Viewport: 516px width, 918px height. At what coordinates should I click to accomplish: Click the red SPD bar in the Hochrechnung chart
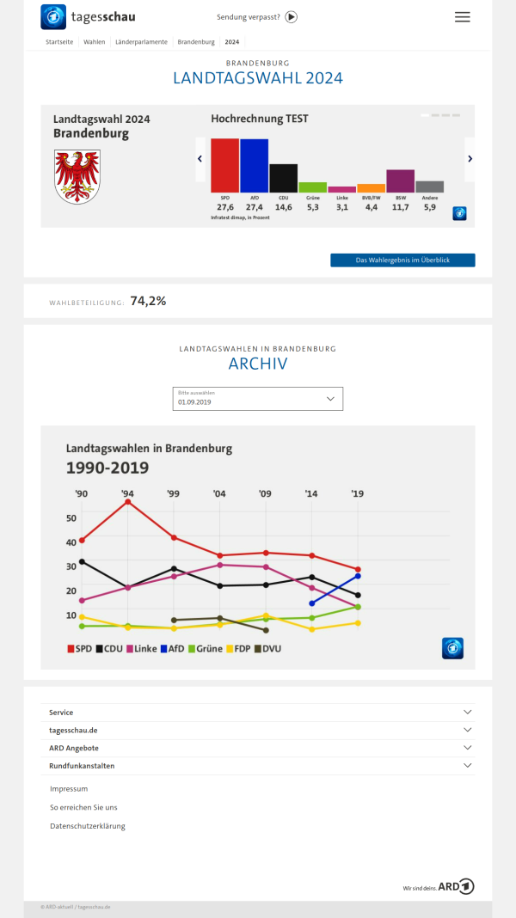point(224,165)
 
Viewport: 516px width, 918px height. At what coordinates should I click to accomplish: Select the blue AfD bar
point(254,165)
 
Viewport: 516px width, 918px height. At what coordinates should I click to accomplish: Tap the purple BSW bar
point(400,181)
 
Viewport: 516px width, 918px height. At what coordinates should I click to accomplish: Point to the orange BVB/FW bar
point(371,187)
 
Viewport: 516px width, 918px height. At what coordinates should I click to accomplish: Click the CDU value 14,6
point(283,207)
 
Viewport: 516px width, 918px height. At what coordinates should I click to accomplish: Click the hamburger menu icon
point(463,17)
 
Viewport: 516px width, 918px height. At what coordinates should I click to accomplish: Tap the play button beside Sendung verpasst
point(291,16)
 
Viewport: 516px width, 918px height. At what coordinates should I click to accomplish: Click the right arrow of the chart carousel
point(470,158)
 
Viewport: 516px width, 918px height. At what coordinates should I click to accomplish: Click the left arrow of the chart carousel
point(200,158)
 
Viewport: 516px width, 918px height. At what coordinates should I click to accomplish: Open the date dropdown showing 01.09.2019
point(257,399)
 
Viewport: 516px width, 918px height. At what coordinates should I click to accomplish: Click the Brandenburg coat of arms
point(77,175)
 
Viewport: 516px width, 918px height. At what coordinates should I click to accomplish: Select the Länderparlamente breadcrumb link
point(141,41)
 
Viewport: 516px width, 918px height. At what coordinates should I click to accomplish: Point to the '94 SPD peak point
point(128,501)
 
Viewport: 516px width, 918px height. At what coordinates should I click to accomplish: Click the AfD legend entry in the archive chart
point(171,648)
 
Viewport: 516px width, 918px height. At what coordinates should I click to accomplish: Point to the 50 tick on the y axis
point(71,517)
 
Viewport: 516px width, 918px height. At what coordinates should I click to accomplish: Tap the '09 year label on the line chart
point(266,493)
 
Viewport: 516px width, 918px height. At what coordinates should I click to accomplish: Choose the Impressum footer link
point(69,788)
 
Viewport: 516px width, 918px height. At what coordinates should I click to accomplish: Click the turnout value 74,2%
point(148,302)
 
